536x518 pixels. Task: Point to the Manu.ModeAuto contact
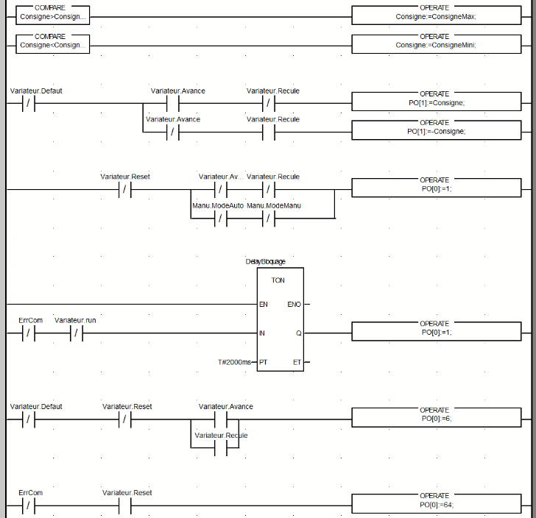(x=219, y=219)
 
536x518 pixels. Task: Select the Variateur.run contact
(x=76, y=333)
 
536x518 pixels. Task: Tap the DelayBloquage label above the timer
(x=265, y=261)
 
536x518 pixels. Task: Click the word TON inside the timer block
(x=278, y=280)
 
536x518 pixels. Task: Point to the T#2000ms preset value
(x=233, y=363)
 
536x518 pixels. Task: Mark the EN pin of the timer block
(x=264, y=304)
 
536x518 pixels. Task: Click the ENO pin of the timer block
(x=294, y=304)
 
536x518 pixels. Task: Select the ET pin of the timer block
(x=297, y=363)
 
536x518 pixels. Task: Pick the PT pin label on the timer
(x=264, y=363)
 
